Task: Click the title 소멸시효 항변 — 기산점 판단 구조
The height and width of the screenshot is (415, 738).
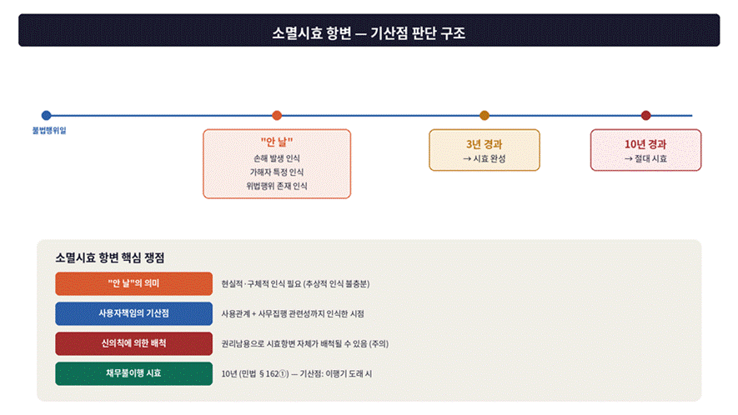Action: click(x=369, y=33)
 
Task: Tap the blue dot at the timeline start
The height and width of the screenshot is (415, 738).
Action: click(x=46, y=115)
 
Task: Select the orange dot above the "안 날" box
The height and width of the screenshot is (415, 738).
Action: click(x=277, y=115)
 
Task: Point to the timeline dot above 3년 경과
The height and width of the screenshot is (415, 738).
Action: click(x=484, y=115)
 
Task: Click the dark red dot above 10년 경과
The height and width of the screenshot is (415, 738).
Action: click(x=645, y=115)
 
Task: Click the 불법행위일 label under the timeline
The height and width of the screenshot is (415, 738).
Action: click(x=49, y=130)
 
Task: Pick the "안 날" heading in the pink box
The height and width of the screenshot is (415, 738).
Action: click(x=277, y=142)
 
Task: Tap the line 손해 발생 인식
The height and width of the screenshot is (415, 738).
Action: click(x=277, y=158)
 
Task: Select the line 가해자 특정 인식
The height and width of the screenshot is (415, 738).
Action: click(x=277, y=172)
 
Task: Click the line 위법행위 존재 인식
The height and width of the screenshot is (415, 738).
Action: click(x=277, y=186)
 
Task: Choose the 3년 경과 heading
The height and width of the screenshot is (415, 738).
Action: click(x=484, y=144)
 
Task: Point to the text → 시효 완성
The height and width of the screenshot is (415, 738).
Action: click(x=484, y=158)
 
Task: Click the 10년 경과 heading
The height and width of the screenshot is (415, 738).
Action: click(x=645, y=144)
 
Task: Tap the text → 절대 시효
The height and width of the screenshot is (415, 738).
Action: click(x=645, y=158)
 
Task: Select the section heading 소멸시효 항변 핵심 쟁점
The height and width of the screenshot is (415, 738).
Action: click(x=110, y=257)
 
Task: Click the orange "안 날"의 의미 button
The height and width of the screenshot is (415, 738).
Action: click(x=133, y=283)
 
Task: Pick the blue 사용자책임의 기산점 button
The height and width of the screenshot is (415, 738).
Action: click(x=133, y=314)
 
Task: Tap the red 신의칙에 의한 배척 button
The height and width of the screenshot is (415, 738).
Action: click(x=133, y=343)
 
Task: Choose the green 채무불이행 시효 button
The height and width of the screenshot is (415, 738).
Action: click(x=133, y=373)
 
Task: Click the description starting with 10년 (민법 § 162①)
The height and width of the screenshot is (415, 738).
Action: click(x=297, y=374)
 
